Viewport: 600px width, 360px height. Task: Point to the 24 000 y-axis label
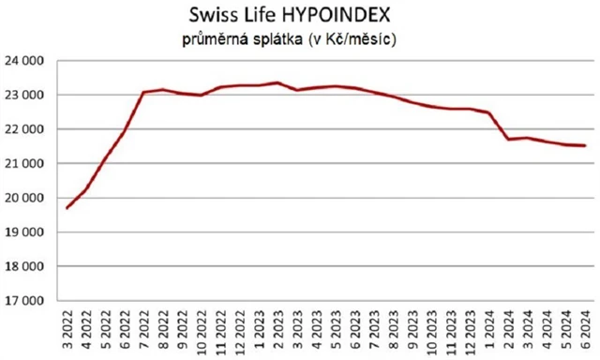coord(25,61)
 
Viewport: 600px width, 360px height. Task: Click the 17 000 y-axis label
coord(25,301)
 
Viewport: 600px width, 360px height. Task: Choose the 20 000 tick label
coord(25,198)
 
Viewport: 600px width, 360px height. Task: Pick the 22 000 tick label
coord(25,129)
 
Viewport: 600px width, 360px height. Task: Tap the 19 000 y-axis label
coord(25,232)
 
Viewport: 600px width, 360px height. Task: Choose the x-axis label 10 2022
coord(202,328)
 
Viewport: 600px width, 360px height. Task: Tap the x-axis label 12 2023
coord(470,328)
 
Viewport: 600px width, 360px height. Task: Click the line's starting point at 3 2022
coord(67,207)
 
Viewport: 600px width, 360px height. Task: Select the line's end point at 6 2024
coord(585,145)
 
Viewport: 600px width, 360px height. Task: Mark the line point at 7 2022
coord(144,92)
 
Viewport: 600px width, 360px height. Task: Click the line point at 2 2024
coord(508,140)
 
